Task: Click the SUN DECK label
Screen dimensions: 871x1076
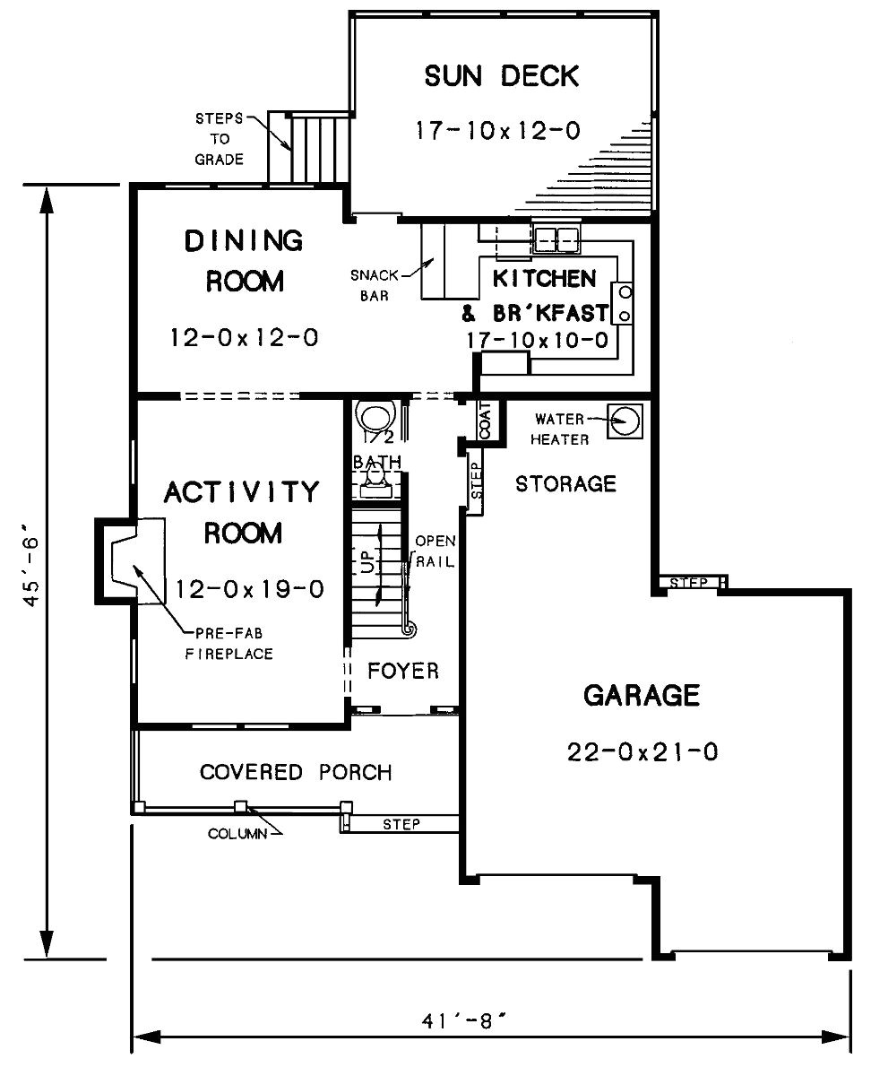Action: (501, 76)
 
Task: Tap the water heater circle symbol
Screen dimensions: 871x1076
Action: (625, 421)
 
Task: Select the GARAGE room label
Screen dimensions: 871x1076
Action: (642, 695)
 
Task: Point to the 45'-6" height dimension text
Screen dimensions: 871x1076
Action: (31, 570)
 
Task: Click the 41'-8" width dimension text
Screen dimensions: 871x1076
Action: (463, 1020)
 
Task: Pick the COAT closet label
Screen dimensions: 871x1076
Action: (486, 421)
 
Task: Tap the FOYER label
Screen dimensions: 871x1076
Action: (403, 671)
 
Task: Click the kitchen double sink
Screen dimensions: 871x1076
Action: (556, 239)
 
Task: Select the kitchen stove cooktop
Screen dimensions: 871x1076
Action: (623, 303)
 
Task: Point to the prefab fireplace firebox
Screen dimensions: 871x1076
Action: (121, 560)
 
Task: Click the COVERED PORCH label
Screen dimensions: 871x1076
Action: (296, 772)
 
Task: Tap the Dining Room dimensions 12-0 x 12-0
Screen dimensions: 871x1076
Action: (245, 337)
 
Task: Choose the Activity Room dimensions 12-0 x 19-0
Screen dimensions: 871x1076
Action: (249, 589)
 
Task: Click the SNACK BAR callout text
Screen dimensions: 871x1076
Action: (375, 285)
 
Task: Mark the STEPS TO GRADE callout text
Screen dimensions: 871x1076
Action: (220, 139)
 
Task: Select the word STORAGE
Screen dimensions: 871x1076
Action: (565, 484)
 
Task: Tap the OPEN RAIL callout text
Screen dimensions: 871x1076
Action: (435, 551)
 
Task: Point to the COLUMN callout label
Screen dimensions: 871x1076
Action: (237, 834)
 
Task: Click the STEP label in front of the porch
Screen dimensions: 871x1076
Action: (401, 824)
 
